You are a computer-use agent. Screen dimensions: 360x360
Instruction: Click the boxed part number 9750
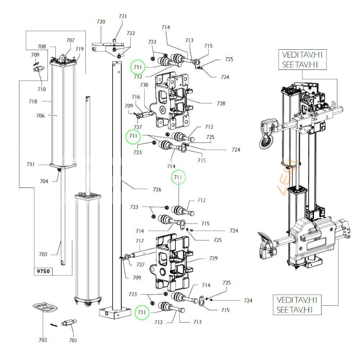[42, 272]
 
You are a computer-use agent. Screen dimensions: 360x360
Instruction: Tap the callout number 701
[73, 340]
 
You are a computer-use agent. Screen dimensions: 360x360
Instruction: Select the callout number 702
[42, 340]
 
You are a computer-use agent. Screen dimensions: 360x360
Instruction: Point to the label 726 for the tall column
[157, 189]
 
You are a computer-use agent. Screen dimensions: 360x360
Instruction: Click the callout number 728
[221, 103]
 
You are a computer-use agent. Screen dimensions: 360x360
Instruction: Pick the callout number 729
[213, 258]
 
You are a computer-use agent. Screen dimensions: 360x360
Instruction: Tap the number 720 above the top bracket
[101, 22]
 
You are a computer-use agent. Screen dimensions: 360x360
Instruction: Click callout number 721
[123, 16]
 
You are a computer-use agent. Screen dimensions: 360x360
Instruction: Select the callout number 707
[70, 40]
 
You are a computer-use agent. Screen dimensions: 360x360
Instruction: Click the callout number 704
[44, 181]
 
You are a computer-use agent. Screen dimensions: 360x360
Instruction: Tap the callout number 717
[140, 241]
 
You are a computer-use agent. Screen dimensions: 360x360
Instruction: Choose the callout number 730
[144, 85]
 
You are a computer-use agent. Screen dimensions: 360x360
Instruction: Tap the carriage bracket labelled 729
[172, 263]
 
